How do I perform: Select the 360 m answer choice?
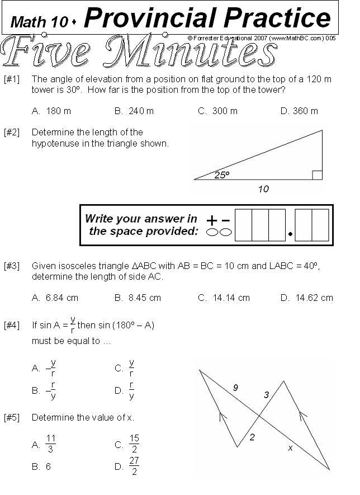[x=305, y=111]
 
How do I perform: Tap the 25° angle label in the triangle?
[x=222, y=175]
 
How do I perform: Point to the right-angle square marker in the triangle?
[x=317, y=175]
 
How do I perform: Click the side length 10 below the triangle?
[x=263, y=189]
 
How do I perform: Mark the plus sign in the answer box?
[x=212, y=220]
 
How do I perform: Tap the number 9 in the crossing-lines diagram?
[x=235, y=388]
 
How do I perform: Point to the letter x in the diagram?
[x=290, y=447]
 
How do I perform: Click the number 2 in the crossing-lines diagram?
[x=252, y=437]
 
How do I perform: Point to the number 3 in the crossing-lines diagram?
[x=266, y=395]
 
